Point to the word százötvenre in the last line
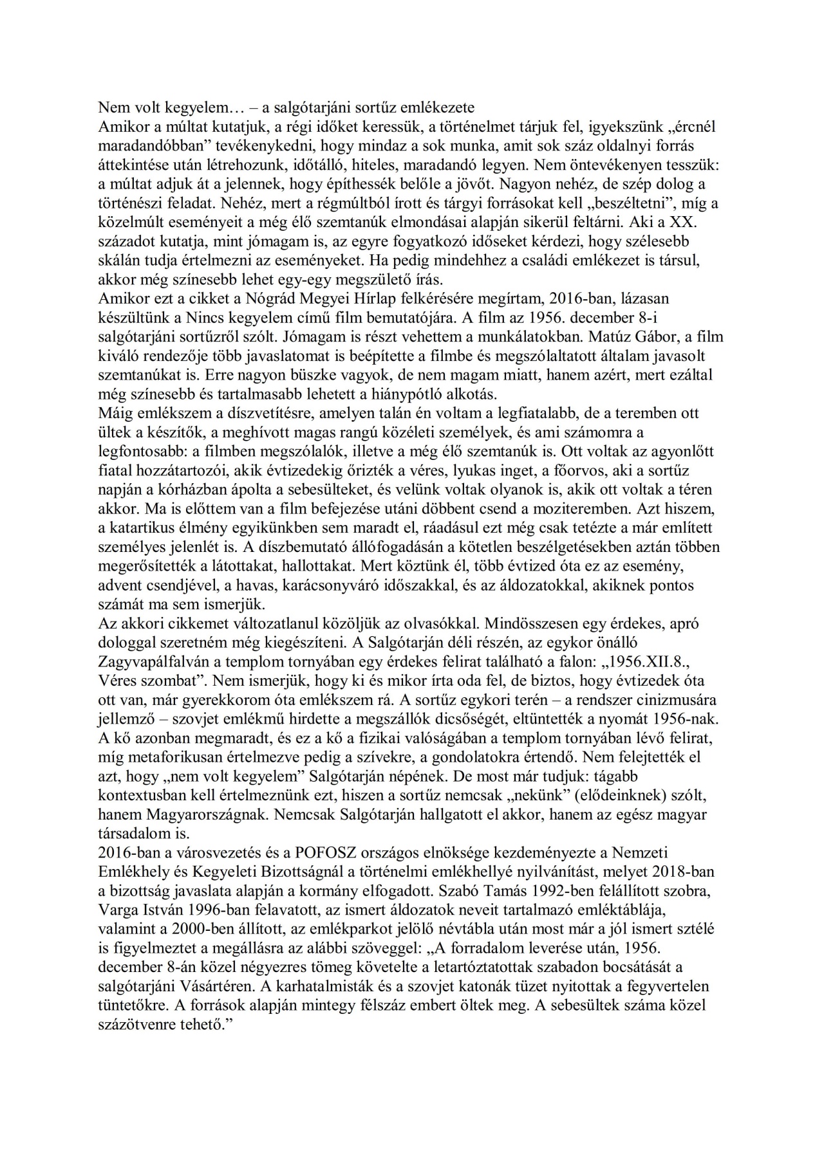coord(133,1023)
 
